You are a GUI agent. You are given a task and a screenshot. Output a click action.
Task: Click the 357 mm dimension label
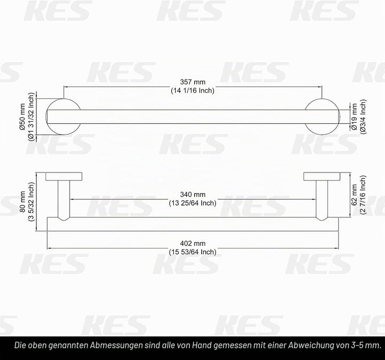192,82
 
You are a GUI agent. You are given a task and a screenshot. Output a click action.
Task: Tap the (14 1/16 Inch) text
192,90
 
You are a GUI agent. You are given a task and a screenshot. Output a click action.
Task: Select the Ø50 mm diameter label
22,117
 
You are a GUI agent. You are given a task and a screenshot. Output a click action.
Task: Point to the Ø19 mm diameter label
354,116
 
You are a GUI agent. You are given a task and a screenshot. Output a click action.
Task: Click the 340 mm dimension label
192,194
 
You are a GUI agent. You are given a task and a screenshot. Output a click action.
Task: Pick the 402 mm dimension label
192,243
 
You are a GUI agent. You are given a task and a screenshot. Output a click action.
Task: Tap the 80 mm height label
22,201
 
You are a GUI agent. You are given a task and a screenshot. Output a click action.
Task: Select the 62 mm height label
354,195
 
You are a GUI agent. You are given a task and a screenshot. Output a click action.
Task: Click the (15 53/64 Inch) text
192,252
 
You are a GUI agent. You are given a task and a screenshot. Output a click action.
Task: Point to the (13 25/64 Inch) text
192,203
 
